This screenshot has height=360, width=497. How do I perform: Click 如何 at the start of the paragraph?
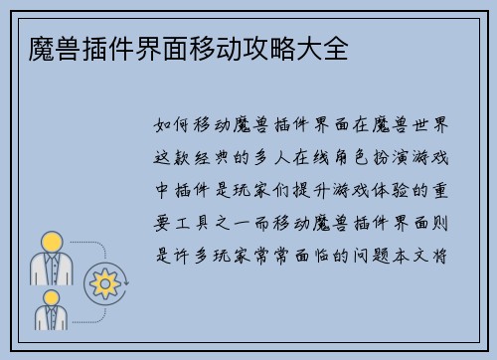175,126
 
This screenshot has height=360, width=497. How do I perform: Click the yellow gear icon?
104,283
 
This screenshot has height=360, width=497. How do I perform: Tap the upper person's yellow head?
52,241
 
